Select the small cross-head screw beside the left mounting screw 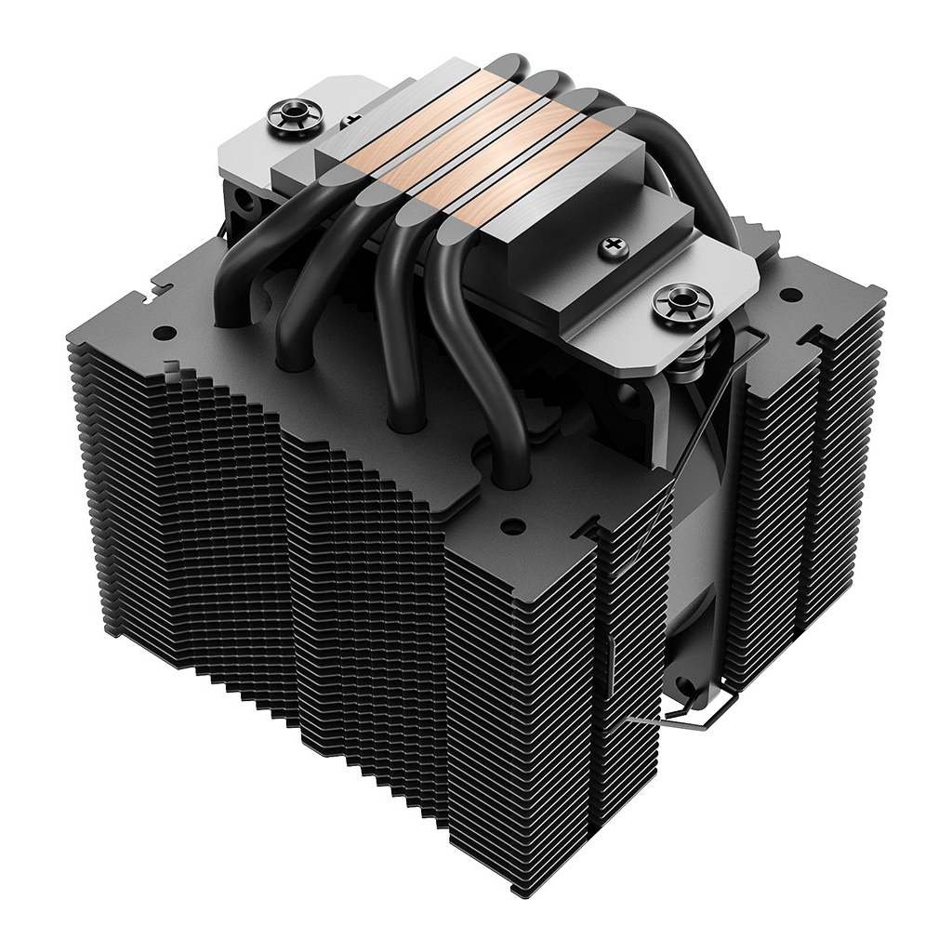pos(351,120)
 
